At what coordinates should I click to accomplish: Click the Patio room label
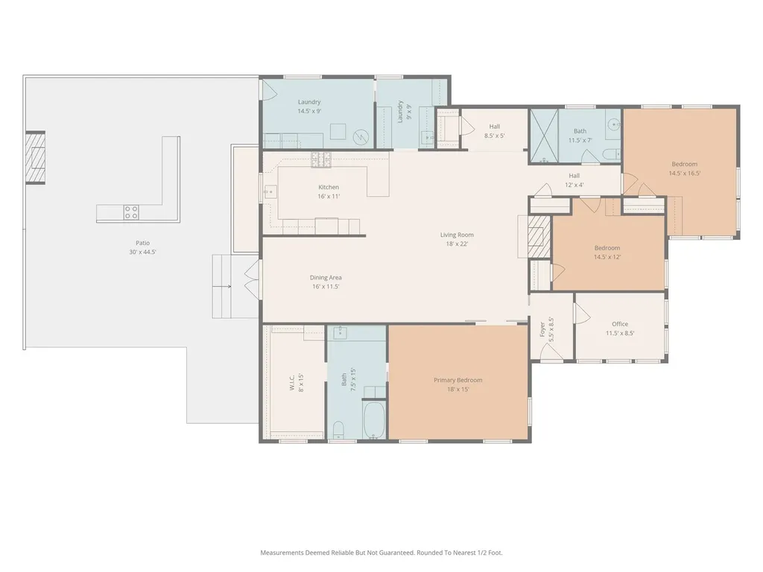[142, 243]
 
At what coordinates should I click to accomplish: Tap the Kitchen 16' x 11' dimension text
[329, 197]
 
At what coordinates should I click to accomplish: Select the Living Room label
[457, 235]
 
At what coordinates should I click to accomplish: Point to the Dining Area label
[326, 278]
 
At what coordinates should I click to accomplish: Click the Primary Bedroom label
[458, 381]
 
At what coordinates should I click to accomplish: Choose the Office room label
[620, 324]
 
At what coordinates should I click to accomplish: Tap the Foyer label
[542, 330]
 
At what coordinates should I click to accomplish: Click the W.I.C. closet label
[292, 383]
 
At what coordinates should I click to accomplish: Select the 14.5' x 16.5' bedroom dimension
[685, 173]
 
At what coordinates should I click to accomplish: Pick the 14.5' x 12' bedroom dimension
[607, 257]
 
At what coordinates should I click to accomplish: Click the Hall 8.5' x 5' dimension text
[495, 136]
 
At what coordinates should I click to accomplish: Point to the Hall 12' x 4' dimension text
[574, 185]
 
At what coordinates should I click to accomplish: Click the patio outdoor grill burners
[131, 212]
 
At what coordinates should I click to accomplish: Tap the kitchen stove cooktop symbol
[321, 159]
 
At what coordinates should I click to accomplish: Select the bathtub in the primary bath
[374, 419]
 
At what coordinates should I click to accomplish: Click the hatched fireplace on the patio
[36, 158]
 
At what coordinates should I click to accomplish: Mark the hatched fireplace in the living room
[539, 236]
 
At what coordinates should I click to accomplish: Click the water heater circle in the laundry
[361, 138]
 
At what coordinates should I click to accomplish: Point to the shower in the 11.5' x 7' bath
[544, 136]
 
